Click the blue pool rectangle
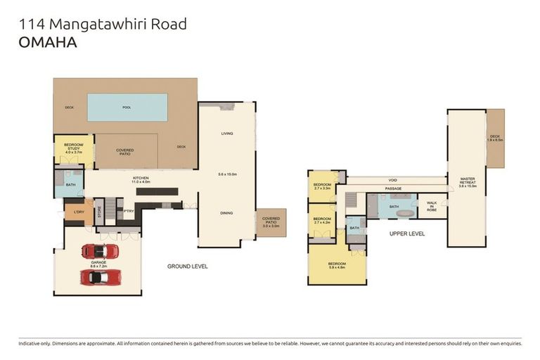[x=127, y=108]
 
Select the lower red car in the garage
[x=99, y=277]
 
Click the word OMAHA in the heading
[x=48, y=42]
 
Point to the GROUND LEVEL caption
[x=187, y=266]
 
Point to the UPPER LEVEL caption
[x=407, y=233]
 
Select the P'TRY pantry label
[x=129, y=211]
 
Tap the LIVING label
[x=227, y=133]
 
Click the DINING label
[x=226, y=213]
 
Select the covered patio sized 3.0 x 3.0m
[x=271, y=222]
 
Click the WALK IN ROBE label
[x=432, y=206]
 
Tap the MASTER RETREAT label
[x=468, y=181]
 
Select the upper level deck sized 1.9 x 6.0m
[x=495, y=139]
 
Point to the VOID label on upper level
[x=393, y=180]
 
